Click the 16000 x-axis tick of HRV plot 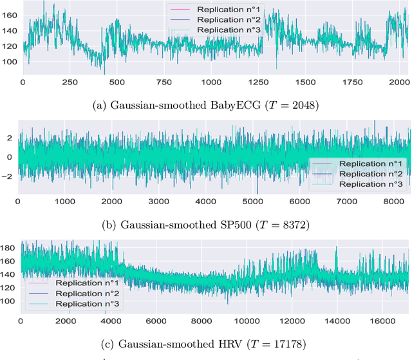click(383, 320)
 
